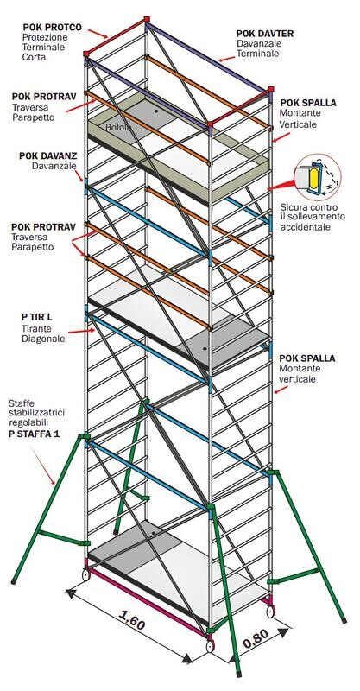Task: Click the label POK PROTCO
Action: (52, 28)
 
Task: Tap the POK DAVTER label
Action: (265, 34)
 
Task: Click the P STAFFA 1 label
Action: (35, 434)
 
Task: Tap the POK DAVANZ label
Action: (48, 156)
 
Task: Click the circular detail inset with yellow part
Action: (317, 177)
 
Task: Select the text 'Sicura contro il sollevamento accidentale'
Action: (312, 218)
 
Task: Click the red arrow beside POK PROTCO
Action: (98, 34)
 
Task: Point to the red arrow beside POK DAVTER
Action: (226, 57)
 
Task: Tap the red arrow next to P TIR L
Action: (81, 331)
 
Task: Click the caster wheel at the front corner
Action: (211, 646)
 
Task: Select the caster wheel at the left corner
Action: (85, 574)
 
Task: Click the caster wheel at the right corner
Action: (270, 612)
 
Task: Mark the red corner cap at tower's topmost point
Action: (147, 19)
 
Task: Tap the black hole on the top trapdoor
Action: (156, 111)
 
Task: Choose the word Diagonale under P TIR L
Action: (43, 339)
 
